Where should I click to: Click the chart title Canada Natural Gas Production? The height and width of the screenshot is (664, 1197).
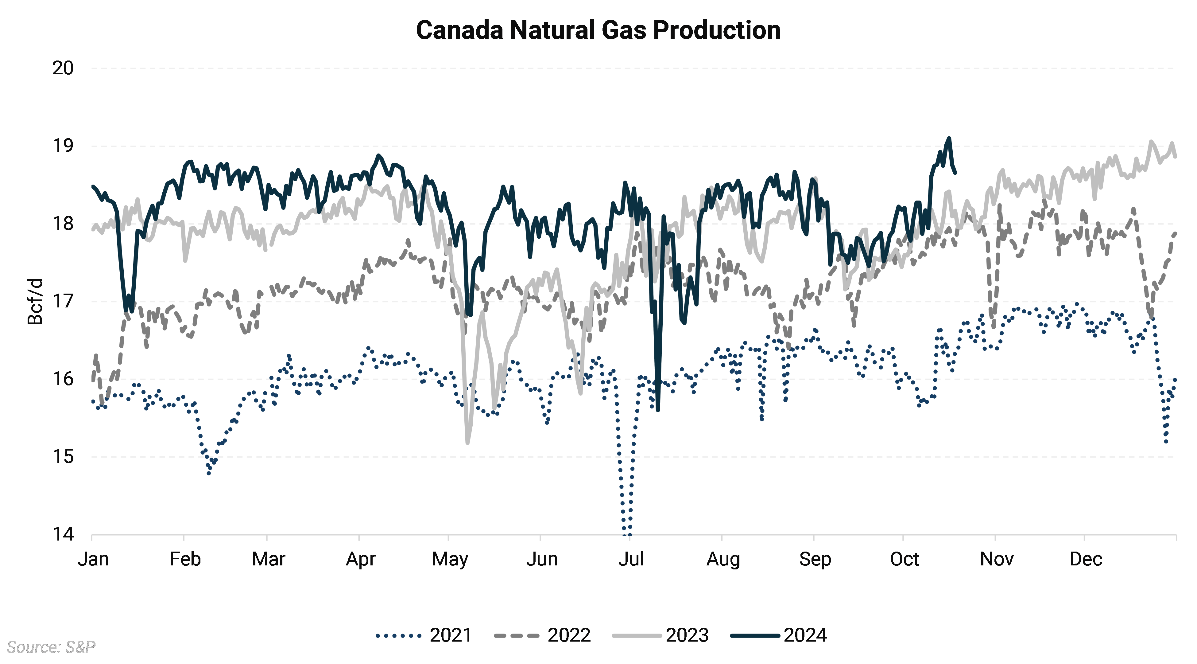598,30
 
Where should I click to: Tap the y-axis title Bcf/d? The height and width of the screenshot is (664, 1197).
35,301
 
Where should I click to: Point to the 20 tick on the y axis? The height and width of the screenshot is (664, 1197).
63,68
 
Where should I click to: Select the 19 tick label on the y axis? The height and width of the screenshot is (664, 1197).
63,146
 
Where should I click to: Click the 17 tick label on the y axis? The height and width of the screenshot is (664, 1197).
63,301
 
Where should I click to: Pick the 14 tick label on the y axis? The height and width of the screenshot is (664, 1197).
63,534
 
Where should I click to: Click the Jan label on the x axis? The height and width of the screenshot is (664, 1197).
93,559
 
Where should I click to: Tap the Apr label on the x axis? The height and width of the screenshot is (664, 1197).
361,559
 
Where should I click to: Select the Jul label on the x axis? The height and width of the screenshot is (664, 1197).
630,559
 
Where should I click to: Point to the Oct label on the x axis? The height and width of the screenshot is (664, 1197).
904,559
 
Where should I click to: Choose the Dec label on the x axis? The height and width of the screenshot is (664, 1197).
1086,559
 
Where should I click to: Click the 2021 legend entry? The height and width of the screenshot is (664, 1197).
424,635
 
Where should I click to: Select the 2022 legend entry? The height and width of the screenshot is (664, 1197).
542,635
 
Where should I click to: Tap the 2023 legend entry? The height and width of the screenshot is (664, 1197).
660,635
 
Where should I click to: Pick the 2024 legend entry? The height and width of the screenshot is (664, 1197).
779,635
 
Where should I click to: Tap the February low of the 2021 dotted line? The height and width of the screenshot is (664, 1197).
209,473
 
